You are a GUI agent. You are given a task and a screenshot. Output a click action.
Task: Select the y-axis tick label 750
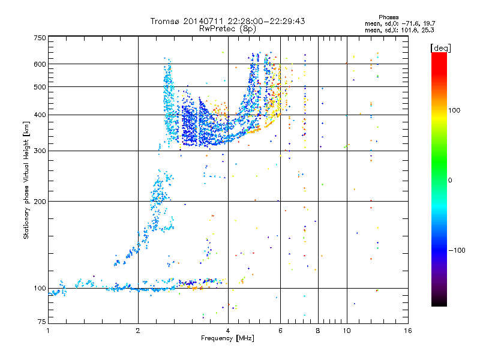click(40, 38)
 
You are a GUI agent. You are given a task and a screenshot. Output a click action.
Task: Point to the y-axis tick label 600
click(40, 64)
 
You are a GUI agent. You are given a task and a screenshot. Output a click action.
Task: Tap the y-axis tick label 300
click(40, 151)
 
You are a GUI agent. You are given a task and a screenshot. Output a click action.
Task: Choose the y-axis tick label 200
click(40, 202)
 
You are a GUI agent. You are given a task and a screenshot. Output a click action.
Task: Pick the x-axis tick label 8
click(318, 331)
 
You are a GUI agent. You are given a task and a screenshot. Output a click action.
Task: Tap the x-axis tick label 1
click(49, 331)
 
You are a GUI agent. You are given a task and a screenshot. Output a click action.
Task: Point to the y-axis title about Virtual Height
click(27, 182)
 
